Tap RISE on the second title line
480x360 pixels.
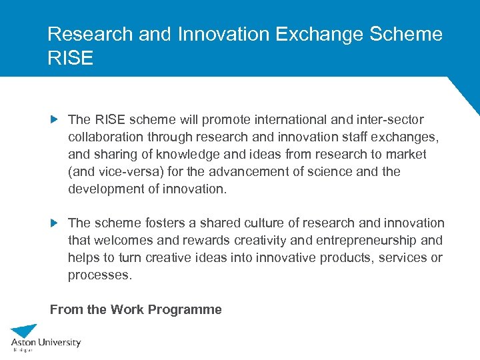coord(71,58)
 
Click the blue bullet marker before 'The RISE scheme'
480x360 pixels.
coord(55,120)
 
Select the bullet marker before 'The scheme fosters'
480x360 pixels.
coord(55,223)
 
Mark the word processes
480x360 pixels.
coord(100,275)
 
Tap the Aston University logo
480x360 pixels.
coord(45,339)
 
